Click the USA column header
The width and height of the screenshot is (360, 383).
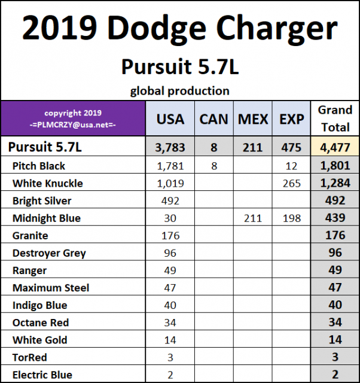click(x=170, y=120)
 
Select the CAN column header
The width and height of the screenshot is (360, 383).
click(x=213, y=120)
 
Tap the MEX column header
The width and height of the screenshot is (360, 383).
click(x=253, y=120)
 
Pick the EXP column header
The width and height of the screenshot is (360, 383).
click(x=292, y=120)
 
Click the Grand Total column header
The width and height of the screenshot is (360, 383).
click(x=335, y=118)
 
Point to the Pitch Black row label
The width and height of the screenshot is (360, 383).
click(x=39, y=166)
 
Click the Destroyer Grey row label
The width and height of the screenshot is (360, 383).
click(x=49, y=253)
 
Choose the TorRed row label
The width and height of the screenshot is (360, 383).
click(x=29, y=357)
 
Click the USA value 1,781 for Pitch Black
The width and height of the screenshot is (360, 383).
click(x=170, y=166)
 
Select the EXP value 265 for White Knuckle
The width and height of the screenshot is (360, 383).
click(x=292, y=183)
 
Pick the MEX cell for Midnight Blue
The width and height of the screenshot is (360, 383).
click(x=253, y=218)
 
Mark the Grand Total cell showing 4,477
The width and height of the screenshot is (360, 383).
click(x=335, y=147)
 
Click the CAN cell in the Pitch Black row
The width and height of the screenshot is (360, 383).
click(x=213, y=166)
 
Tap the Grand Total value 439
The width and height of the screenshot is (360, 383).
click(x=335, y=218)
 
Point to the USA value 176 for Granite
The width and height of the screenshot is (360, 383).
click(x=170, y=236)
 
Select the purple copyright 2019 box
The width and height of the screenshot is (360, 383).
click(x=73, y=118)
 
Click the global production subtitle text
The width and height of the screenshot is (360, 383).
click(x=180, y=91)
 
